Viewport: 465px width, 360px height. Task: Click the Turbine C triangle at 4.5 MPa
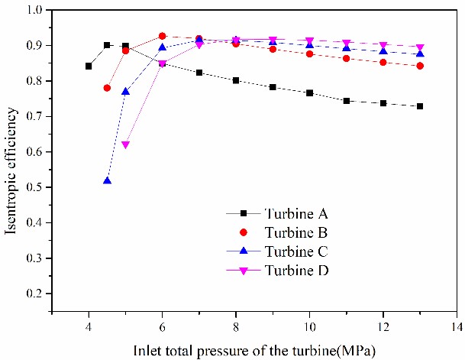[x=107, y=181]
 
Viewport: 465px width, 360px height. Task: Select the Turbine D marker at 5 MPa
[x=125, y=144]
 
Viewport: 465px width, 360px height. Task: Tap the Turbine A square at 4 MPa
[x=89, y=66]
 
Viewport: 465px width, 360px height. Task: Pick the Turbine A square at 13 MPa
[x=420, y=106]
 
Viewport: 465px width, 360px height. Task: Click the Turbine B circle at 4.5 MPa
[x=107, y=88]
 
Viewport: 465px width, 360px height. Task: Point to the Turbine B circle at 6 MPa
[x=162, y=36]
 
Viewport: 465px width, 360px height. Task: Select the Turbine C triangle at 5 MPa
[x=125, y=92]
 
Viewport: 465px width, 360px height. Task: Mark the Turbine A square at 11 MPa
[x=346, y=101]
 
